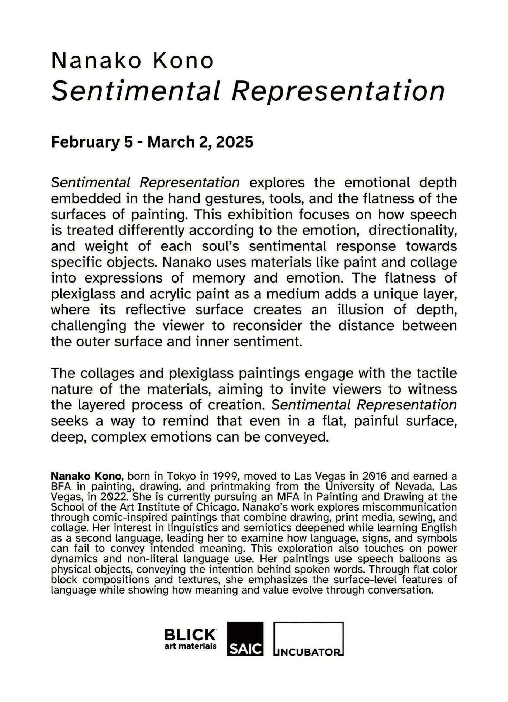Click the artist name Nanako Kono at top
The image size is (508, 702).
point(132,61)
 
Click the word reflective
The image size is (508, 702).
point(155,310)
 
